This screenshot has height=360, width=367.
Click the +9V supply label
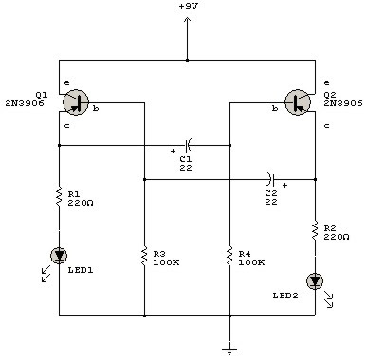188,7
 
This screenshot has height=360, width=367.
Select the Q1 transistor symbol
78,102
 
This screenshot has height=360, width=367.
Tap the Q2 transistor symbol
297,102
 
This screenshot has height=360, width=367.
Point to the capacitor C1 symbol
188,145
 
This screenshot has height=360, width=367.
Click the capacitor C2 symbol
271,178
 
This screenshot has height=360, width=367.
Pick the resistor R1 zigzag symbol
59,199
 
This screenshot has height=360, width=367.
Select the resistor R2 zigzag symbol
314,231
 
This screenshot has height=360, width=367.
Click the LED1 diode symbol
59,254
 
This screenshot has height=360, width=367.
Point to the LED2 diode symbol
314,281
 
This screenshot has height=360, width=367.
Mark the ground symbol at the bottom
229,348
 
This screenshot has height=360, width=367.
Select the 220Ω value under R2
338,238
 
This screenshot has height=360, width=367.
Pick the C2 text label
271,193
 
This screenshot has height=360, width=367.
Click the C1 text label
186,158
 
